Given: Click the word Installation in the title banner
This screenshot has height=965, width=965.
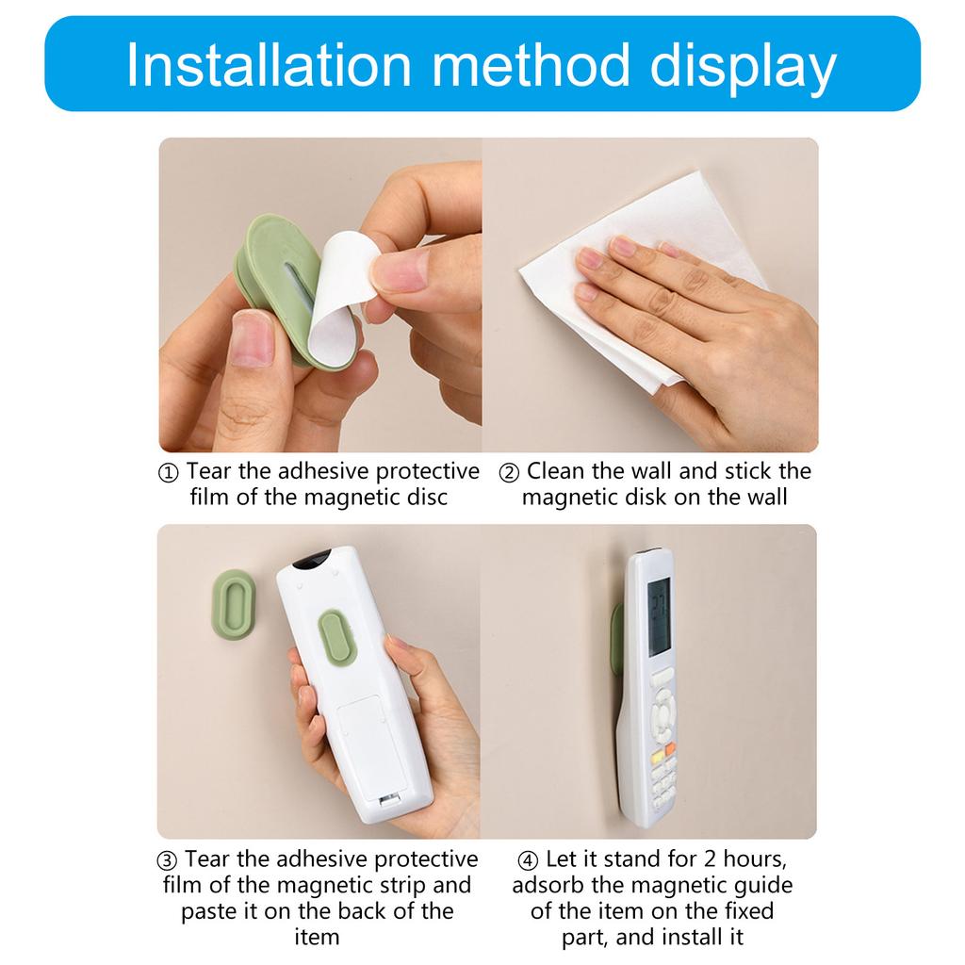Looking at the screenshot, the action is click(x=269, y=65).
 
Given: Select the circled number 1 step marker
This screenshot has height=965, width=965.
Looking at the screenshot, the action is click(x=168, y=473).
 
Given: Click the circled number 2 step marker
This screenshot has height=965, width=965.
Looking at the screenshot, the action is click(x=509, y=473).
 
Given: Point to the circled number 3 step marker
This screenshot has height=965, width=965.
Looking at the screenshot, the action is click(x=167, y=861).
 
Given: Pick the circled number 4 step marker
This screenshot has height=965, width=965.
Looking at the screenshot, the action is click(x=528, y=860).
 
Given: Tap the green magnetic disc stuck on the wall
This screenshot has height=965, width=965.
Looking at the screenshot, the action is click(x=235, y=606).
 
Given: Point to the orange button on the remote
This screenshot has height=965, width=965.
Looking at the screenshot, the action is click(x=670, y=749).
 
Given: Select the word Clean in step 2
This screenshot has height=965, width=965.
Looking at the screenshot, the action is click(x=555, y=471).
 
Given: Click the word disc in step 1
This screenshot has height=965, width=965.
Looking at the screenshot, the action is click(x=427, y=497).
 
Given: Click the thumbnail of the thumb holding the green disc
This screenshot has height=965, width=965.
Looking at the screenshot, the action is click(x=251, y=338).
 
